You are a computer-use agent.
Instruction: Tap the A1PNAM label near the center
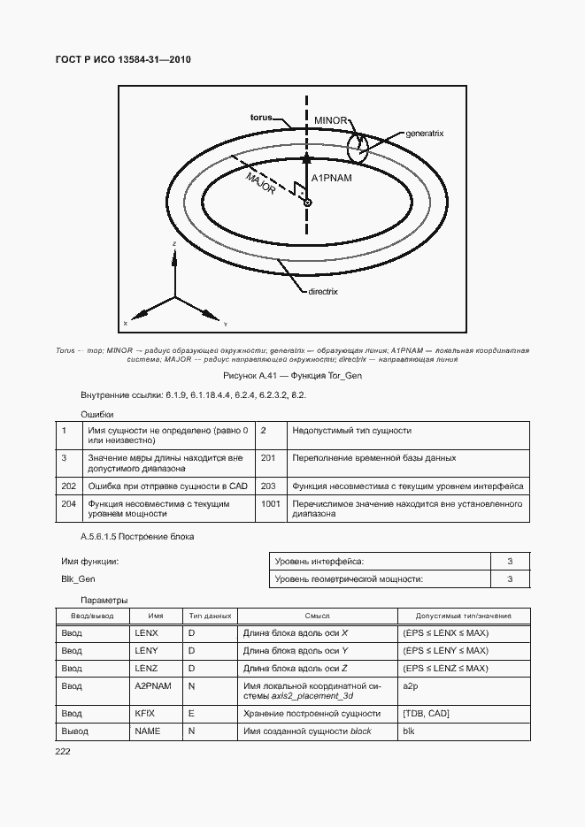(332, 179)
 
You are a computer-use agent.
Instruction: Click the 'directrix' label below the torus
(323, 290)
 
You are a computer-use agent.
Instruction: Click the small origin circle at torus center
(307, 203)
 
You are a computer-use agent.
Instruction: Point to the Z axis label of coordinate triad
(175, 242)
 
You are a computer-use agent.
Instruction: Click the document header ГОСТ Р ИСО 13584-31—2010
(124, 59)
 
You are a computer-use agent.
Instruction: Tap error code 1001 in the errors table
(271, 503)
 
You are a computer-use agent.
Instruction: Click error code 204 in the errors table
(68, 503)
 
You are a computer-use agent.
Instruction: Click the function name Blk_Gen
(78, 578)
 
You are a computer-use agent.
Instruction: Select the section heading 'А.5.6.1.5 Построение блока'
(137, 537)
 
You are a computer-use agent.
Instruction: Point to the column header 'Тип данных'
(209, 615)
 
